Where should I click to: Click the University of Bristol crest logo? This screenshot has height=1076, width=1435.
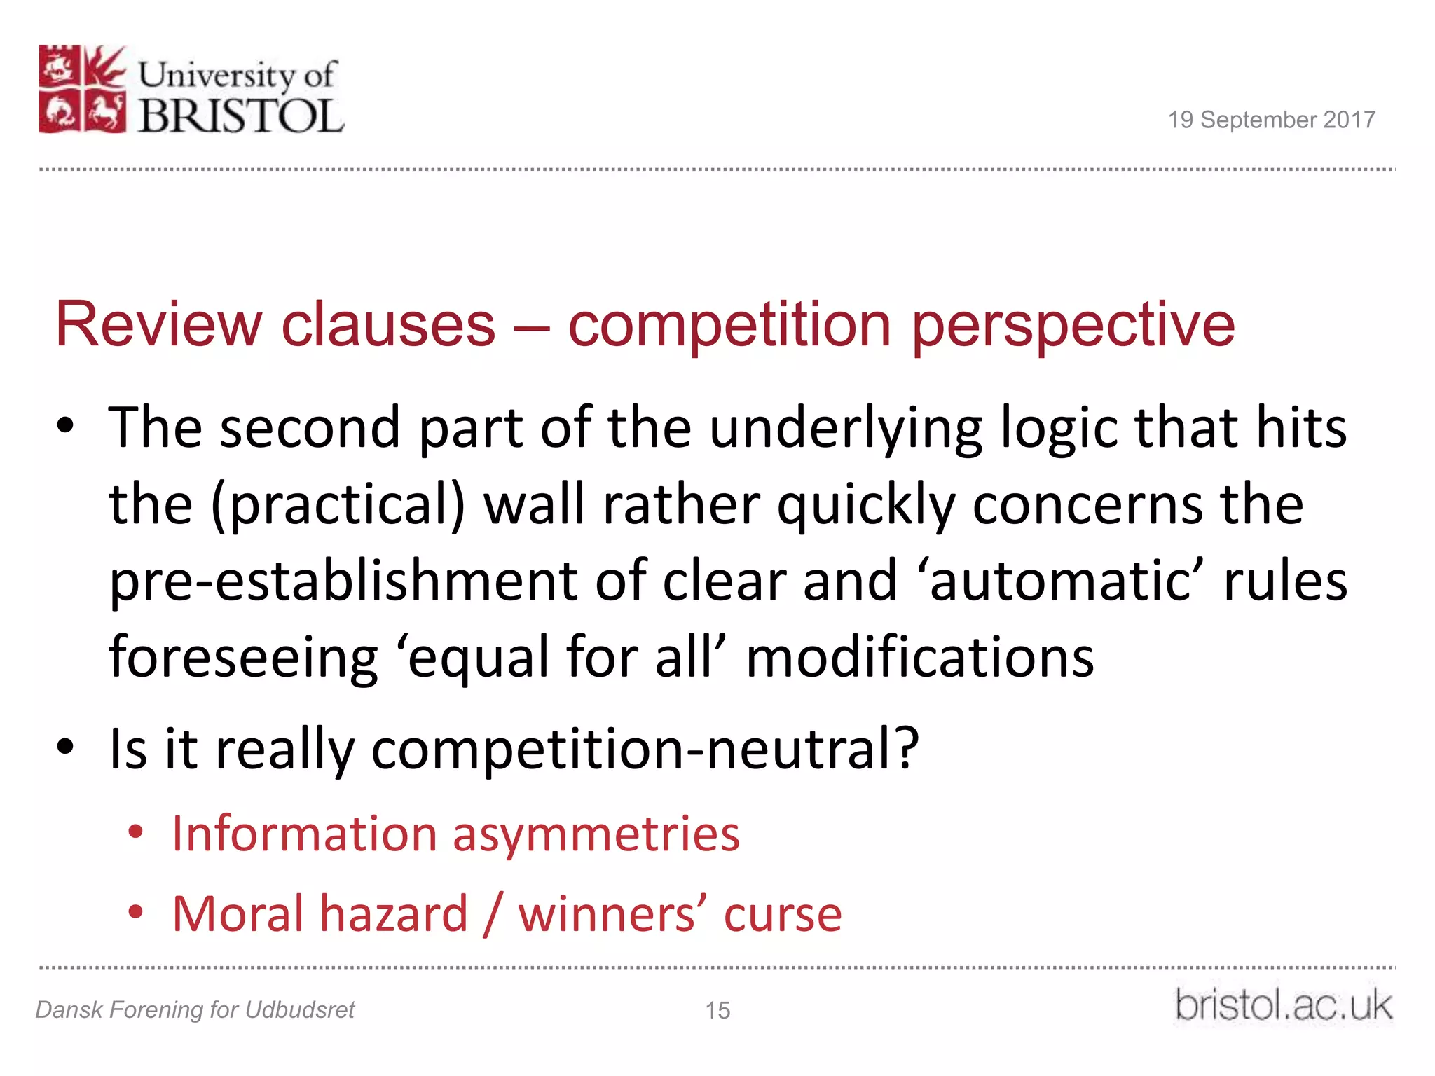(x=83, y=89)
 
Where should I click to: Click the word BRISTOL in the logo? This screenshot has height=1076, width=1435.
(x=241, y=115)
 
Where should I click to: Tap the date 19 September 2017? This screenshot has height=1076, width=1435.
(x=1271, y=120)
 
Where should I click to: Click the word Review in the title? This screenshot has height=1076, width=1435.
(x=158, y=324)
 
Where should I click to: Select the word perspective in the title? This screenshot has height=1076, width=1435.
(x=1073, y=325)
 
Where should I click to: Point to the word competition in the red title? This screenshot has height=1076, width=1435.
(x=729, y=324)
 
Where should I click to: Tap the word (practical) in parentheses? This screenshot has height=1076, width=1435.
(x=338, y=505)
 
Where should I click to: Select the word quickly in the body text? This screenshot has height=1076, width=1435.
(x=866, y=505)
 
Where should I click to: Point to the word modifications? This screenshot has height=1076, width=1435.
(x=919, y=658)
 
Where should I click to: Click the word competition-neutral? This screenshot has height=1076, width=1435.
(x=645, y=748)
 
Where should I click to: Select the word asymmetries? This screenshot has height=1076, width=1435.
(x=596, y=835)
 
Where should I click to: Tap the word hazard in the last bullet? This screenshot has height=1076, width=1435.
(x=394, y=914)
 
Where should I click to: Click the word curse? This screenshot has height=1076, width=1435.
(x=782, y=914)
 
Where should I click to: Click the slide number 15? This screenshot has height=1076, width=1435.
(x=717, y=1010)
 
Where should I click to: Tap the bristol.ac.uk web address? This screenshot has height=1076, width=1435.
(x=1283, y=1006)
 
